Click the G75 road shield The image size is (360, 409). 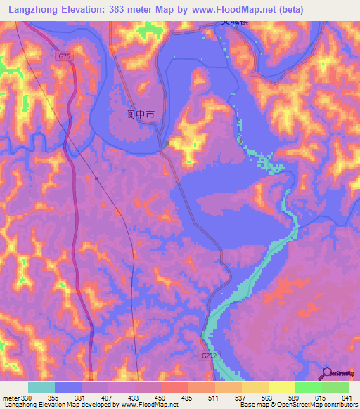point(65,56)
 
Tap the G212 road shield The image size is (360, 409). point(205,356)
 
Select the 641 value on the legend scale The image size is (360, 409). point(345,398)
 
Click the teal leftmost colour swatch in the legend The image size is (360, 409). point(41,387)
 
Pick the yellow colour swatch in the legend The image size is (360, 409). point(281,387)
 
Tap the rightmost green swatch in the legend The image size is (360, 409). point(335,387)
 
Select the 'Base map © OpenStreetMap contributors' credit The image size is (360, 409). point(298,405)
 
